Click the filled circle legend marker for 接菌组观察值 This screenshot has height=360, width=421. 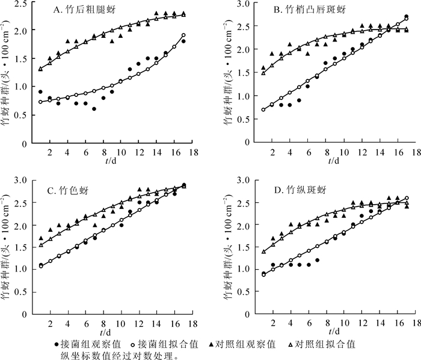[x=57, y=344]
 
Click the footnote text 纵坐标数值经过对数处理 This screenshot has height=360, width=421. [x=120, y=355]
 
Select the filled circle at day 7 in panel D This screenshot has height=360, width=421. [x=317, y=260]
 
